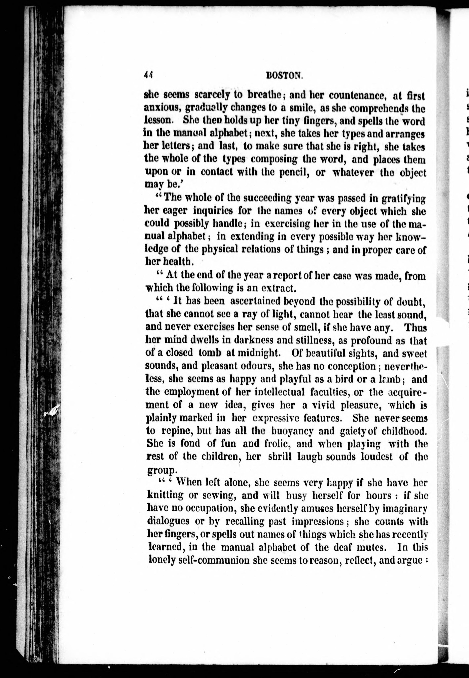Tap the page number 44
pos(149,75)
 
